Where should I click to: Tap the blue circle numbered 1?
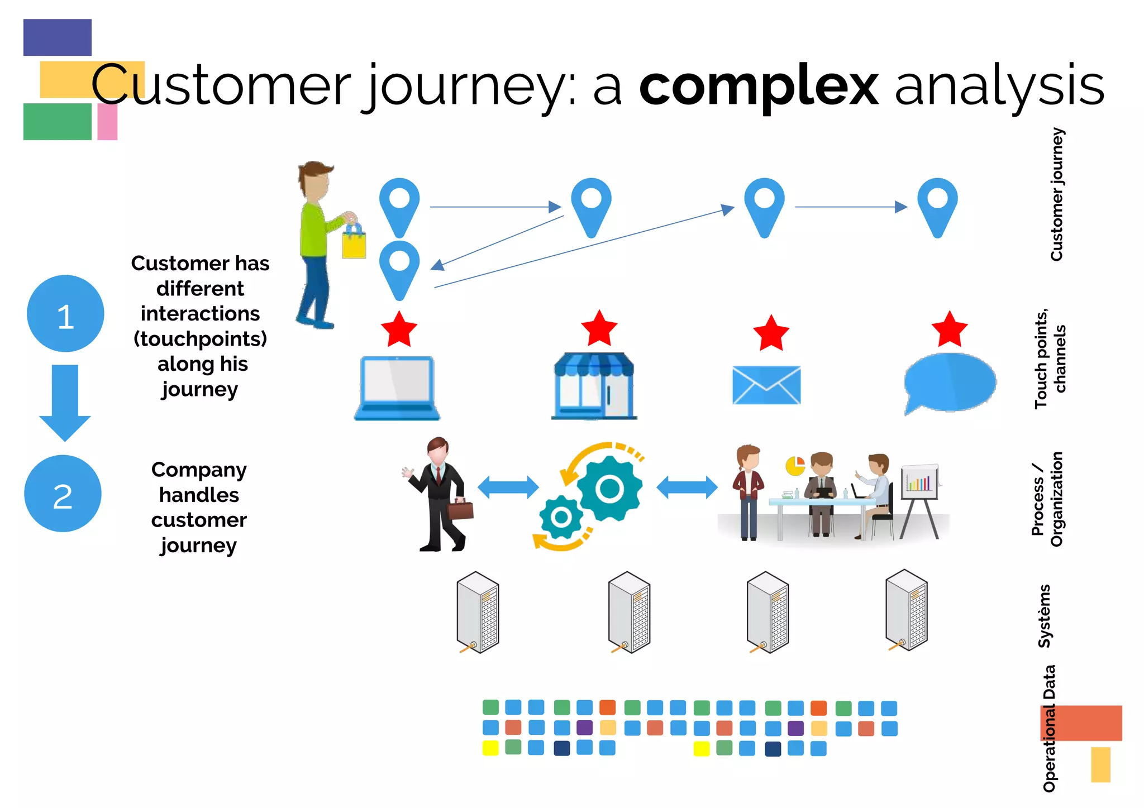tap(65, 314)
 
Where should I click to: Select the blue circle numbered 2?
tap(63, 494)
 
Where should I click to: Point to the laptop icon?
tap(397, 388)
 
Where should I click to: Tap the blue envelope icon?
tap(766, 385)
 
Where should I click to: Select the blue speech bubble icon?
tap(950, 383)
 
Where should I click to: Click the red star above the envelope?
tap(771, 333)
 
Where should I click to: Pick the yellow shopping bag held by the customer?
tap(354, 242)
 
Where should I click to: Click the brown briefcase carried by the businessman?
tap(460, 509)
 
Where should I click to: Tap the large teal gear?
tap(609, 489)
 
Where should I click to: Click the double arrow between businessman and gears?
tap(508, 487)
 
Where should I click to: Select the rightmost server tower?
tap(907, 610)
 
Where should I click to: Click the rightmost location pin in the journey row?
tap(937, 205)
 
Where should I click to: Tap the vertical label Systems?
tap(1044, 616)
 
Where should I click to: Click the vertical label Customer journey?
tap(1056, 194)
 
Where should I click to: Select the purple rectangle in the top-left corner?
tap(58, 37)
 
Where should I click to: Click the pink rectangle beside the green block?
tap(107, 122)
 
